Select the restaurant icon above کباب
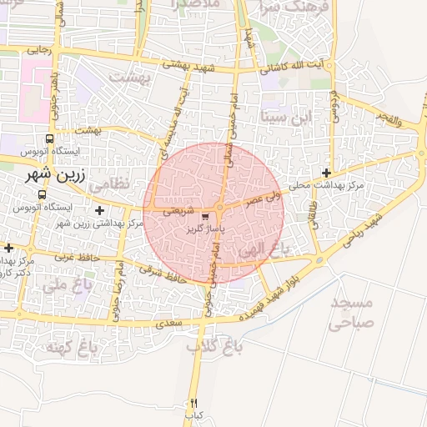(x=194, y=403)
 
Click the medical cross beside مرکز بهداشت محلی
(x=337, y=173)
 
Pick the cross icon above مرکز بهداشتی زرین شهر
(x=101, y=210)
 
